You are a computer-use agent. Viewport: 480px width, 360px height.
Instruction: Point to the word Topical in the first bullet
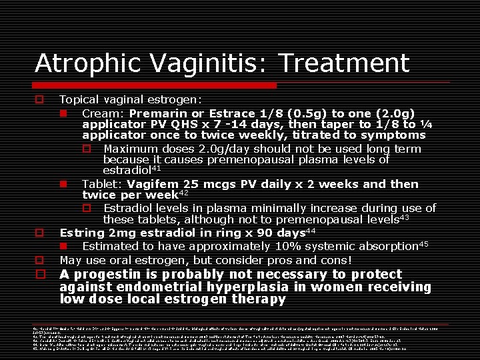coord(79,99)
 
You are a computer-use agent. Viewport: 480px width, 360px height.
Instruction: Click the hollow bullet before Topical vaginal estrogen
coord(40,99)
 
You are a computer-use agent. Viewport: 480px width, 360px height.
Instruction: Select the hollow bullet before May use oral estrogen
coord(40,260)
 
